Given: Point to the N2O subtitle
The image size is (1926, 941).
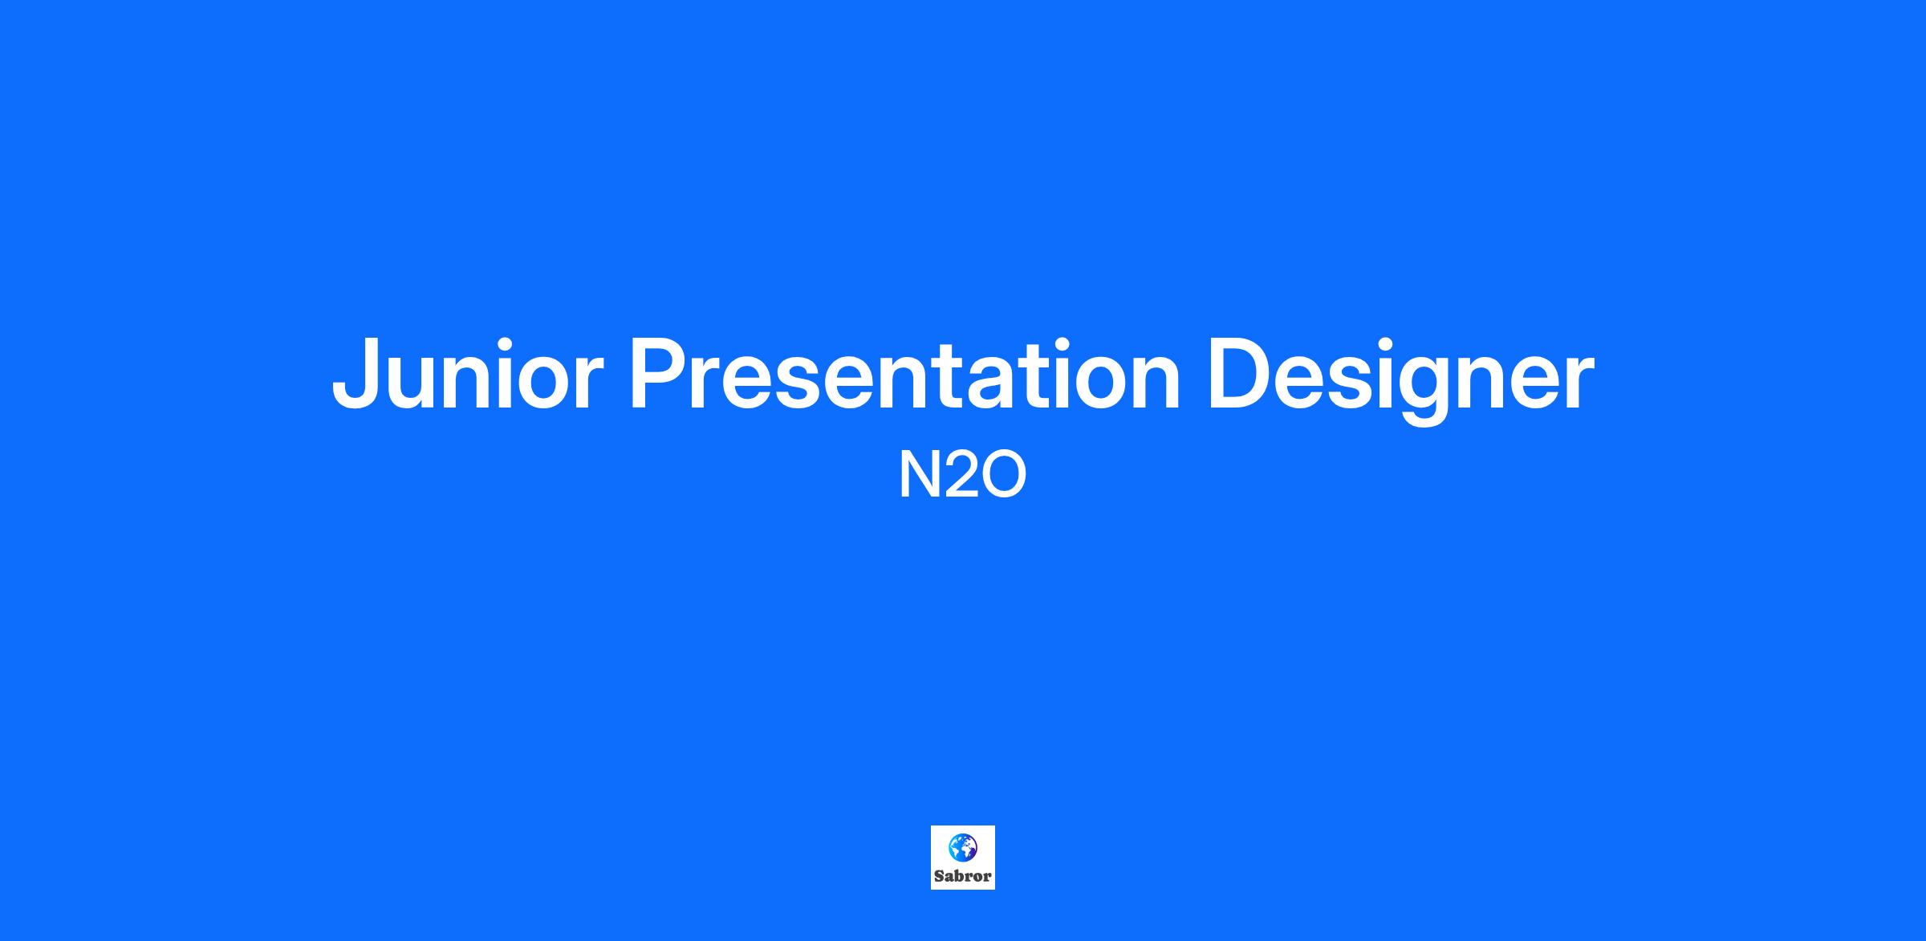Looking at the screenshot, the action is pos(963,476).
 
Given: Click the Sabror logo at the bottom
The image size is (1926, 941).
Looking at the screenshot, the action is pos(963,858).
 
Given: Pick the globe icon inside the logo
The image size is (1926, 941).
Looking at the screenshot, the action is pos(963,847).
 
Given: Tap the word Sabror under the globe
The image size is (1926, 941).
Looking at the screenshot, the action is pos(963,876).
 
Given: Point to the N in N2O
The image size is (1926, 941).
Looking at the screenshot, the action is pos(917,476).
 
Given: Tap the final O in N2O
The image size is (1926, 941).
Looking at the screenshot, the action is pos(1003,476).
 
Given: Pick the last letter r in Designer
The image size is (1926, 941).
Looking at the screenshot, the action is pos(1578,383).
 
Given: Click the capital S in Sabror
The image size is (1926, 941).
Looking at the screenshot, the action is pos(940,876).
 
